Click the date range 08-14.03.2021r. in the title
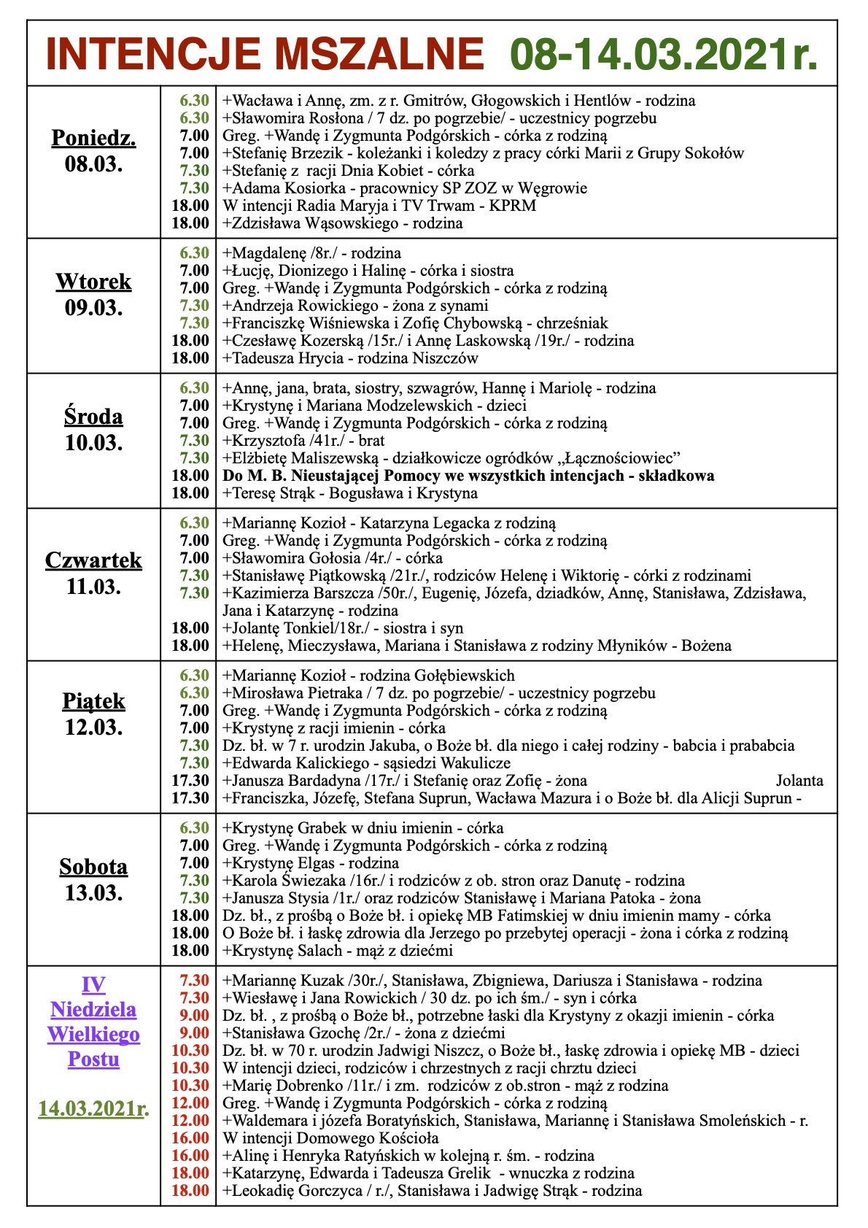[663, 53]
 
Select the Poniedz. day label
[93, 138]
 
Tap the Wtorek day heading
[93, 282]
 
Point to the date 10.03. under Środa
[93, 442]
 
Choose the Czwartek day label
[93, 560]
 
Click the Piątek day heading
[93, 701]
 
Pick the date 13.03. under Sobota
[93, 892]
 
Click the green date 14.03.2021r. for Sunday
[93, 1109]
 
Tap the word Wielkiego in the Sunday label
[93, 1034]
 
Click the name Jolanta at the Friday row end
[799, 781]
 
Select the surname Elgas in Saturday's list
[324, 863]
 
